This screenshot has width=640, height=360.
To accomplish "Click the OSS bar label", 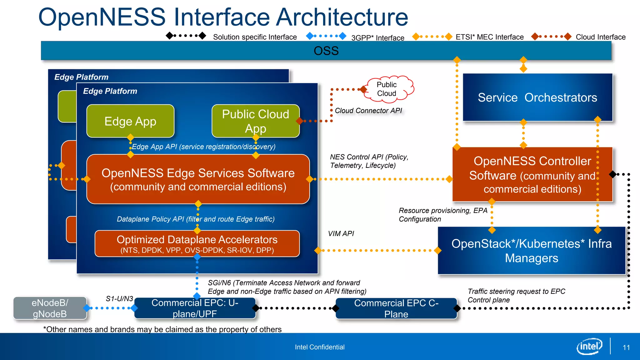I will point(326,51).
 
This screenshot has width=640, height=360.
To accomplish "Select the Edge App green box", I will point(130,121).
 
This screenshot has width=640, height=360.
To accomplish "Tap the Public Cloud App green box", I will point(255,121).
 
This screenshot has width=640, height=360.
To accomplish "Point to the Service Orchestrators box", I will point(537,97).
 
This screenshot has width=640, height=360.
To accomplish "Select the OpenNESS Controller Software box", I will point(532,175).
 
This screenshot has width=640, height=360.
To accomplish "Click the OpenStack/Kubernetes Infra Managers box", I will point(531,251).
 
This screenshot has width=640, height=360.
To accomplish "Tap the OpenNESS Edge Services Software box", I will point(198,179).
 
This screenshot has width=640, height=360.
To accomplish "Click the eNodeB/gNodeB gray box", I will point(50,308).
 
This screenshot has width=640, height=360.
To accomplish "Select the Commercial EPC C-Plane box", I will point(396,308).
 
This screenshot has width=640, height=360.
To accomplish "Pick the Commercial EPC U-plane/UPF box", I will point(195,308).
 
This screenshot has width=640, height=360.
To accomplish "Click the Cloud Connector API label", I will point(368,111).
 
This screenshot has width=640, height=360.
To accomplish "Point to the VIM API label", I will point(341,234).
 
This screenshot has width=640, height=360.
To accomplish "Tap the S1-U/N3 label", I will point(119,299).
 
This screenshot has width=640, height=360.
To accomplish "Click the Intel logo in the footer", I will point(589,346).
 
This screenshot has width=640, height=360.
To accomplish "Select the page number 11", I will point(626,347).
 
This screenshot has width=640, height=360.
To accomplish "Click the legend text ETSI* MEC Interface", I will point(489,37).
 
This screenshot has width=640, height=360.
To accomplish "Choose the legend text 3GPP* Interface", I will point(377,38).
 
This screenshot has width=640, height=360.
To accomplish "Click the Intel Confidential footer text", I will point(320,347).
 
